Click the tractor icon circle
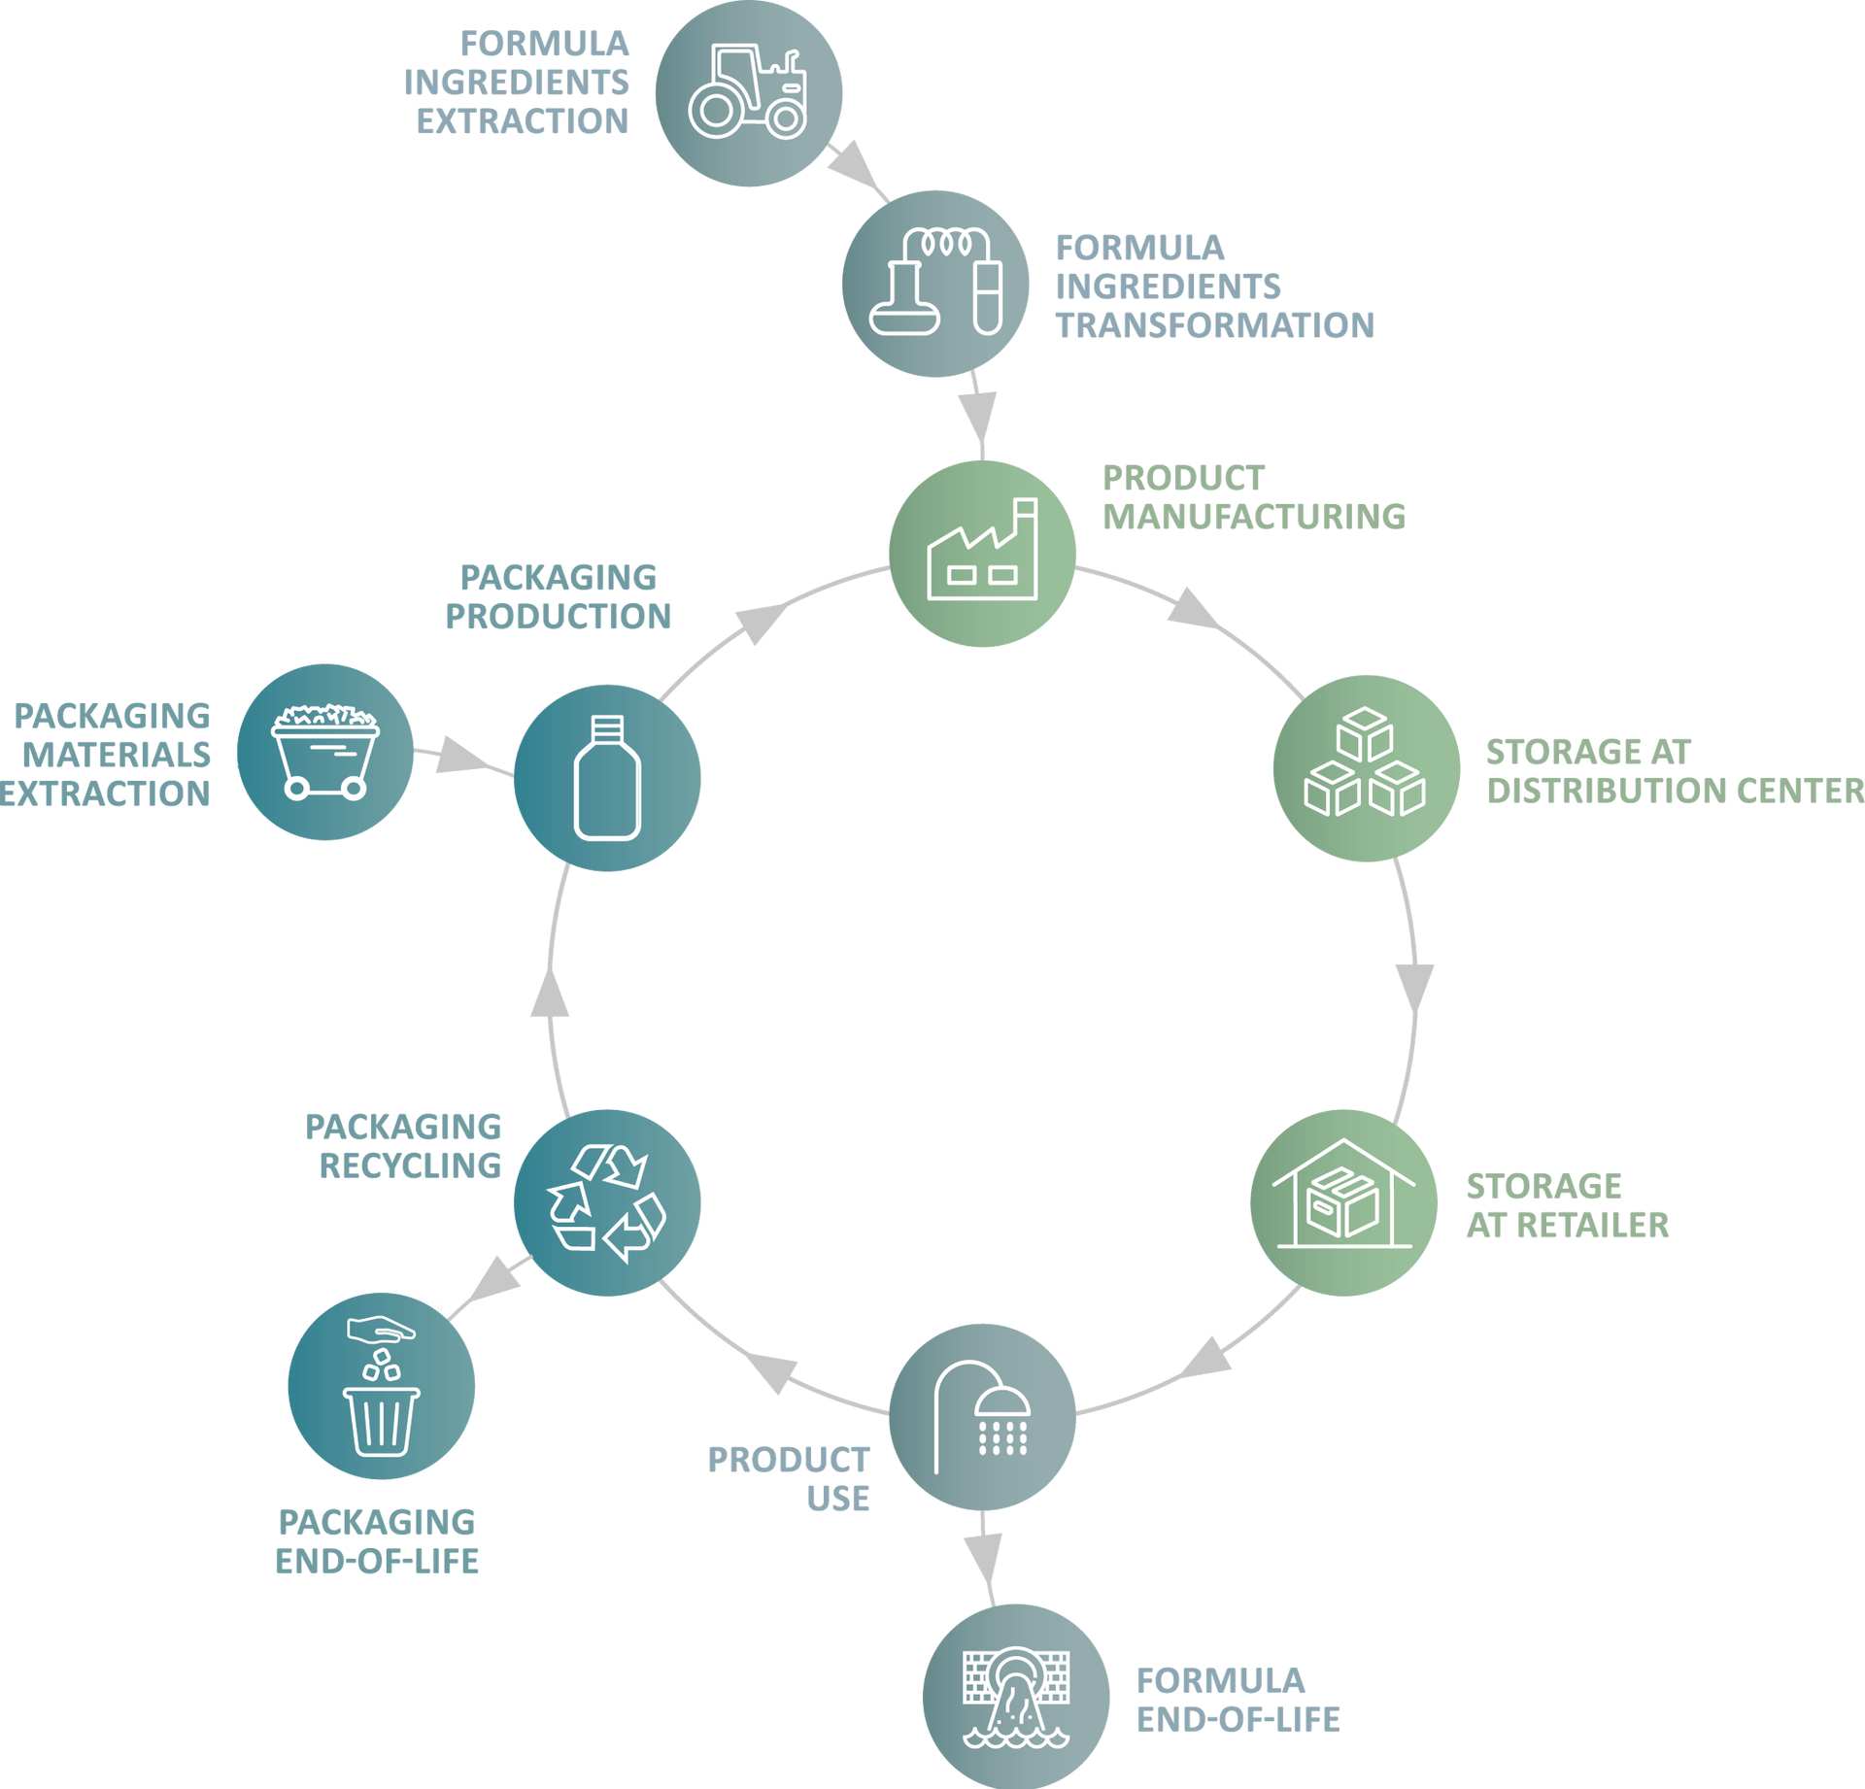748,94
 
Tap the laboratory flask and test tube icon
935,283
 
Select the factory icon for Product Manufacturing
982,554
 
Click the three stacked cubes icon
1366,767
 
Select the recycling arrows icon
607,1201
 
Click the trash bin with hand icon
381,1386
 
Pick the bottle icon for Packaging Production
607,777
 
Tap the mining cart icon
325,752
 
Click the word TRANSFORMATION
1215,325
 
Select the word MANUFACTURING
1254,516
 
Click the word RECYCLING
410,1165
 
